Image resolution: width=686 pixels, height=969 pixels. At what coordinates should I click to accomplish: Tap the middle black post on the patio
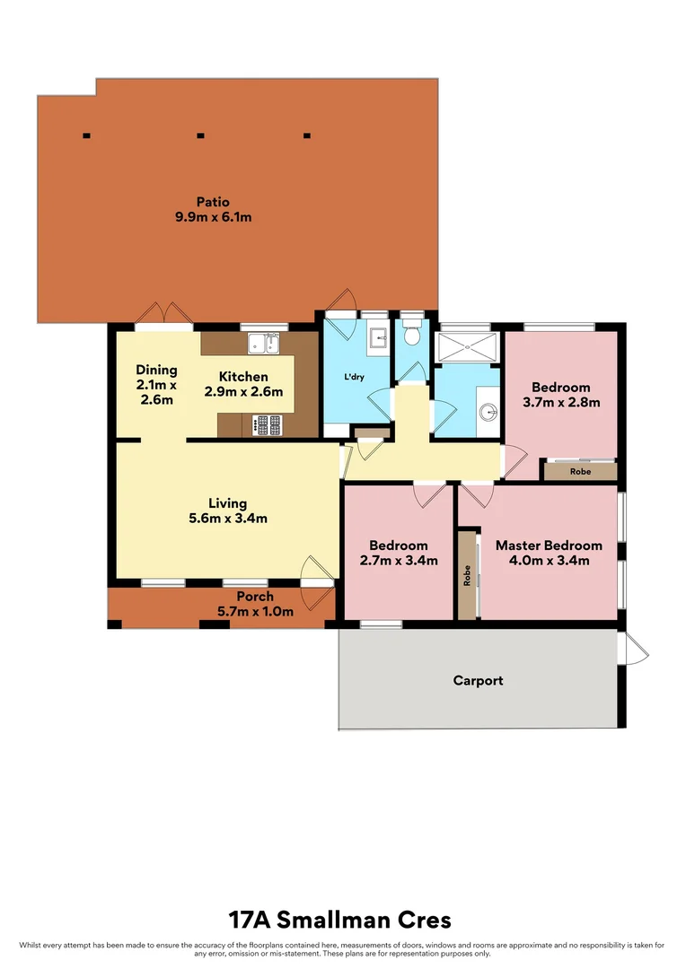coord(198,136)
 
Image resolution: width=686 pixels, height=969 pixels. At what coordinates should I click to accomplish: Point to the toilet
coord(412,336)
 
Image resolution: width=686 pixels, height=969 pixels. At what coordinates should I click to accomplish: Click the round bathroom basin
coord(488,412)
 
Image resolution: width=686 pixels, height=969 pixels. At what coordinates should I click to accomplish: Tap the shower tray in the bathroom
coord(465,345)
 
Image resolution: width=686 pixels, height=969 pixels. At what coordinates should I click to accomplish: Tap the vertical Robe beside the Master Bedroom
coord(467,575)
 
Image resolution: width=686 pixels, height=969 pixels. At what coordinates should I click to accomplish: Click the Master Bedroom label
coord(549,546)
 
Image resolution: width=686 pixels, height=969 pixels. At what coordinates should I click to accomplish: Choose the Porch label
coord(255,598)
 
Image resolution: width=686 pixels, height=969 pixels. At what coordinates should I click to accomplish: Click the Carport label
coord(478,680)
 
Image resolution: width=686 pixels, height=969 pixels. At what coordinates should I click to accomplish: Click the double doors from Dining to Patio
coord(163,316)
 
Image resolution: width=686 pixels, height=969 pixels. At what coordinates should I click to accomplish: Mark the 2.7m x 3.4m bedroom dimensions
coord(399,561)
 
